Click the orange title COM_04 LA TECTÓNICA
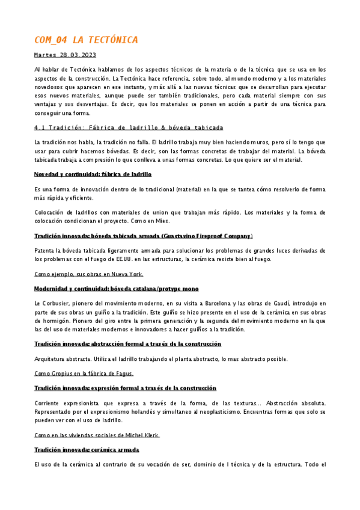coord(86,40)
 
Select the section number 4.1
coord(41,127)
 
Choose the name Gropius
coord(59,373)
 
